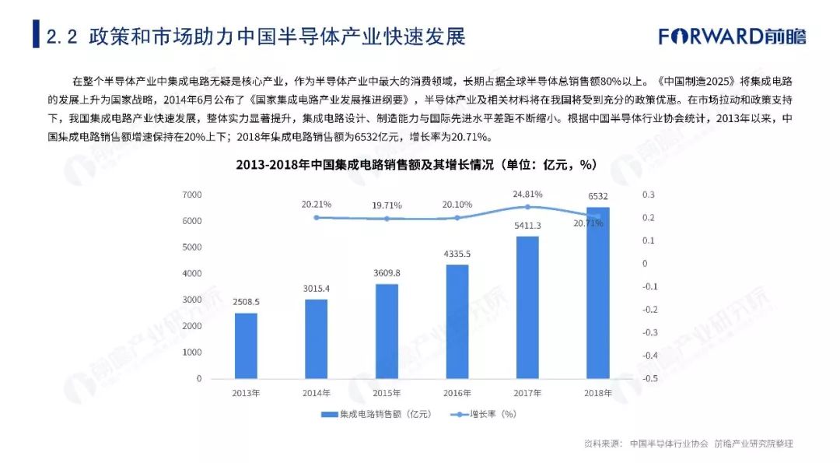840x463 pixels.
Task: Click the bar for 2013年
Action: (x=246, y=345)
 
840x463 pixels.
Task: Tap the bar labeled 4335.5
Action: (x=457, y=321)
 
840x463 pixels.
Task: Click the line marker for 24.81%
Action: (x=527, y=207)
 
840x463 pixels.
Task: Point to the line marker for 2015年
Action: (x=387, y=219)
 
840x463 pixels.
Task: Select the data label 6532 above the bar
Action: (x=597, y=198)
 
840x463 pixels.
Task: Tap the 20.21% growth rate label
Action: (x=317, y=204)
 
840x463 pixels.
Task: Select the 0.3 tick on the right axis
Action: (x=649, y=195)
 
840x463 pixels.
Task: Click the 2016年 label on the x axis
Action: (x=457, y=393)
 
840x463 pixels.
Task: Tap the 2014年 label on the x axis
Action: (x=317, y=393)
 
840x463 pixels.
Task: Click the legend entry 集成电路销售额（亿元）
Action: (x=376, y=414)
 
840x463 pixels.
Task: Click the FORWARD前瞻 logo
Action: (x=732, y=36)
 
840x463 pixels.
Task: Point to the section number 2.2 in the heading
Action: (x=61, y=37)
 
